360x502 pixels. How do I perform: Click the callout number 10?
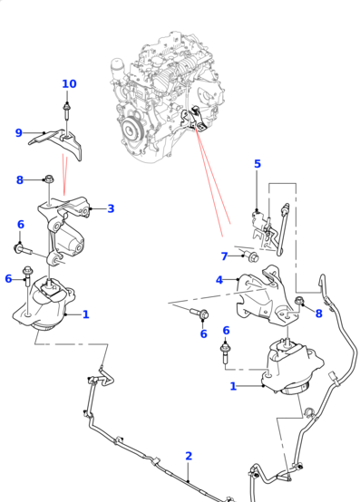[69, 84]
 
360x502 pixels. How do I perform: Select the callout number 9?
[18, 133]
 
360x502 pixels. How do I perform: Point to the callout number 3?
[258, 164]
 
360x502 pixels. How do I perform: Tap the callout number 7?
[224, 256]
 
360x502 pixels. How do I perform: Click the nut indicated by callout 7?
[254, 257]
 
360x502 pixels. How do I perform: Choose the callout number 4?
[219, 280]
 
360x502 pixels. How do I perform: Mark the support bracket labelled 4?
[263, 297]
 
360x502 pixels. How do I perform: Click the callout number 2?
[189, 456]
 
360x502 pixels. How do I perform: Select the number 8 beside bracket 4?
[319, 314]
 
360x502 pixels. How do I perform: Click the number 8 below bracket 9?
[19, 180]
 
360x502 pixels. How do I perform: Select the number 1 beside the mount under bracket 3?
[85, 314]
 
